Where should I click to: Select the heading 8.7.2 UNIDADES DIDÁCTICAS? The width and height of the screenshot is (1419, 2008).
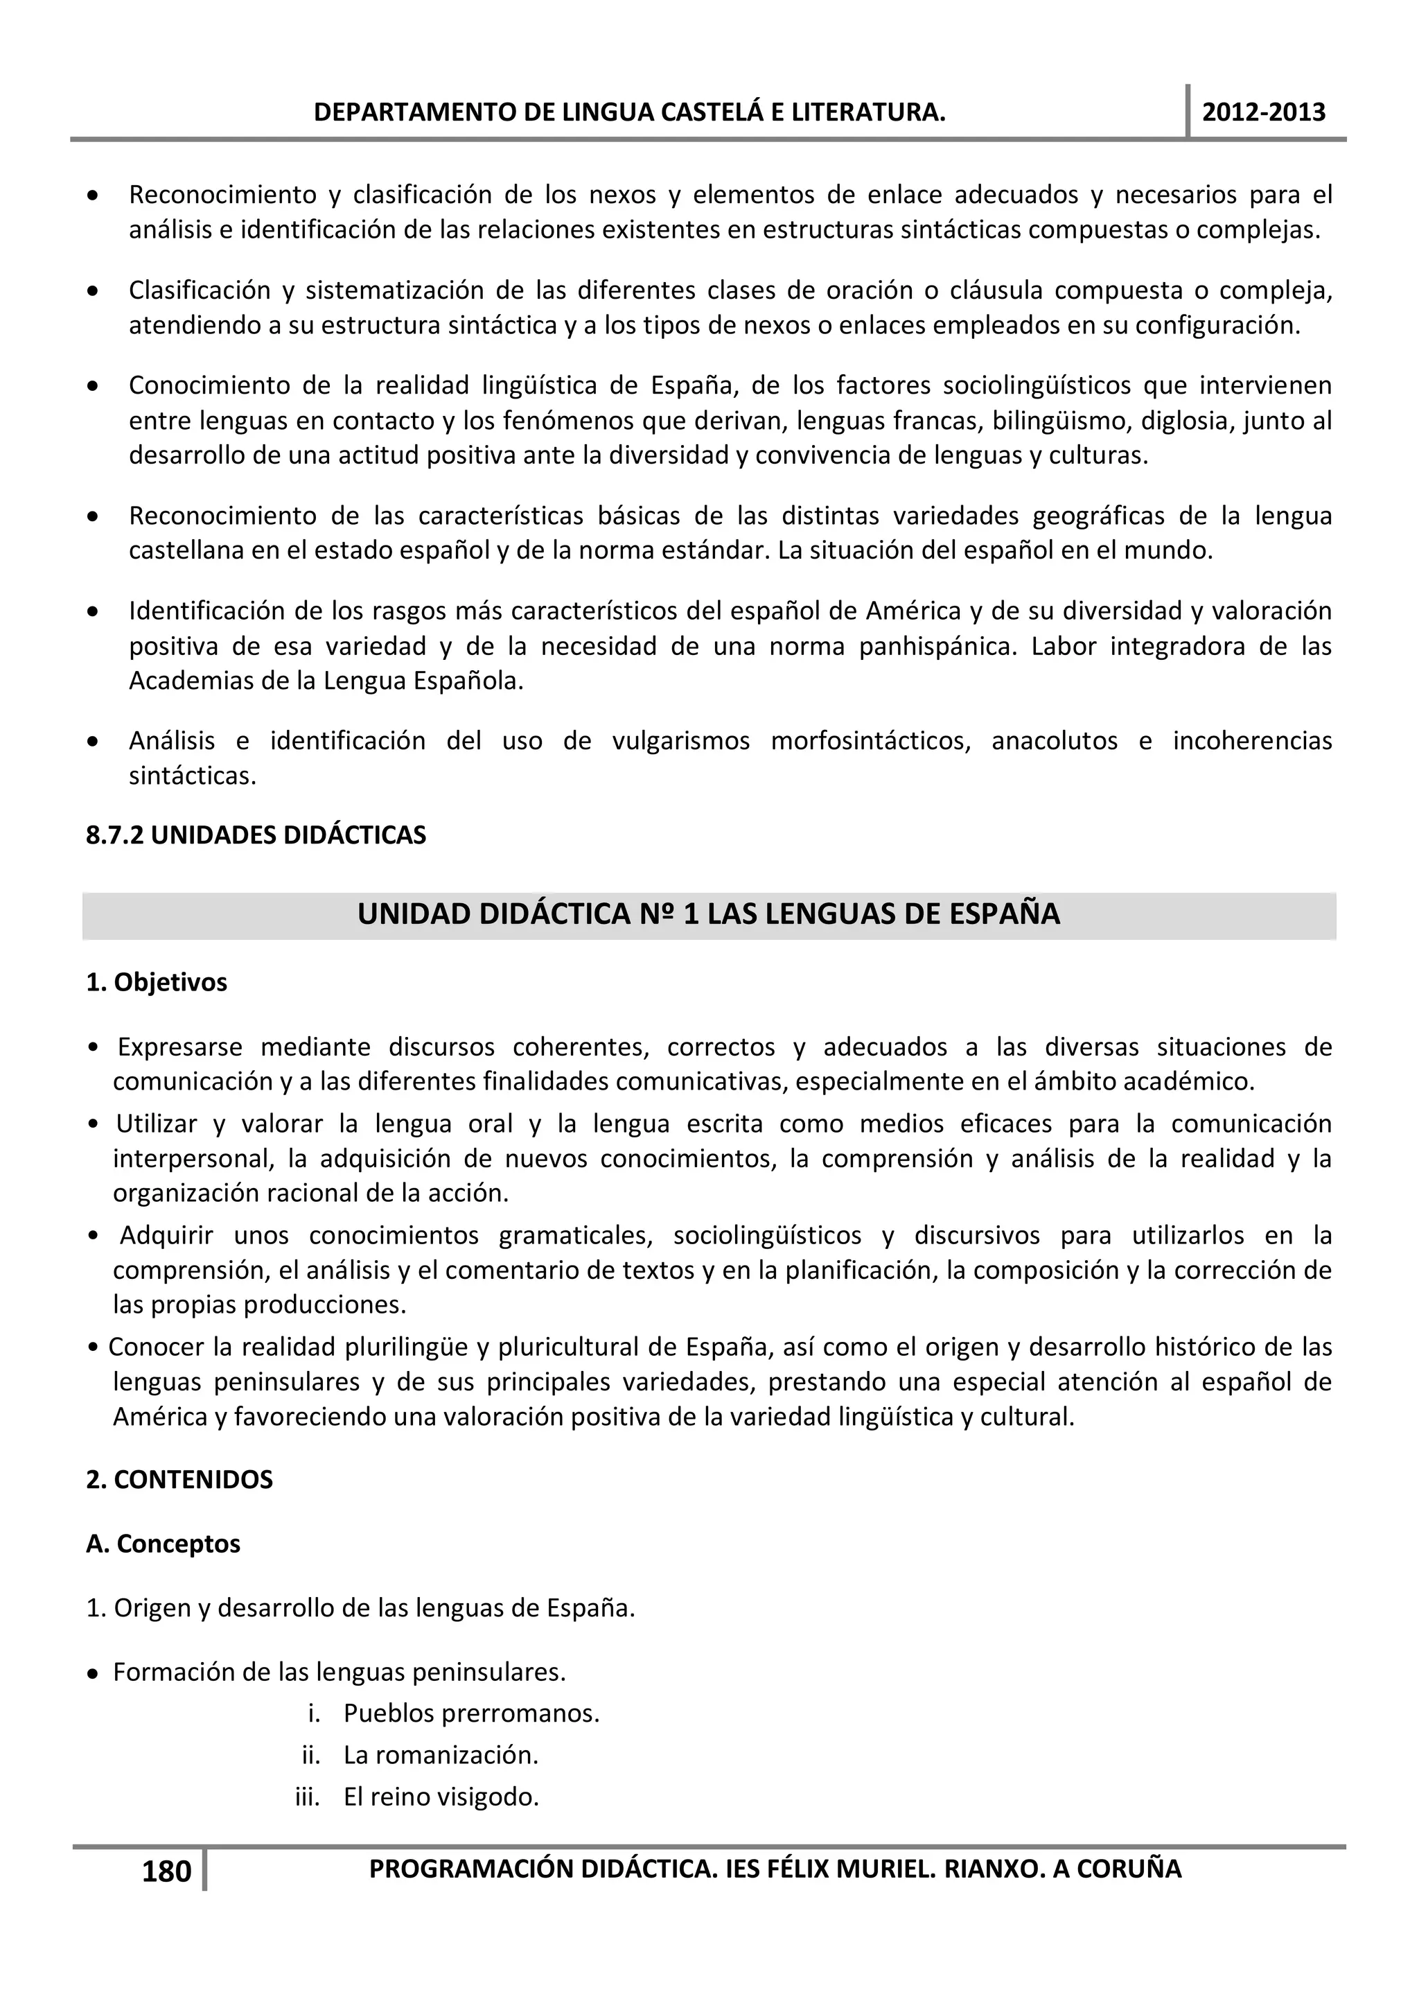click(x=255, y=835)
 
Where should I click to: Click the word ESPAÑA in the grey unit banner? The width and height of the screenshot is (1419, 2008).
click(x=1005, y=914)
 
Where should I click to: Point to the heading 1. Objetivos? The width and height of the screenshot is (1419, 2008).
click(x=157, y=982)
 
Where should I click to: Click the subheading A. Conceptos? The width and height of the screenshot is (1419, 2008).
click(x=163, y=1544)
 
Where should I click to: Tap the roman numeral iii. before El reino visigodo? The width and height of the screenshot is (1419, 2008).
click(x=307, y=1797)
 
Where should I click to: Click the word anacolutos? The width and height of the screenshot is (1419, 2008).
click(x=1054, y=741)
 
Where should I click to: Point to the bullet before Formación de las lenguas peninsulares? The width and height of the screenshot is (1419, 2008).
click(x=93, y=1673)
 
